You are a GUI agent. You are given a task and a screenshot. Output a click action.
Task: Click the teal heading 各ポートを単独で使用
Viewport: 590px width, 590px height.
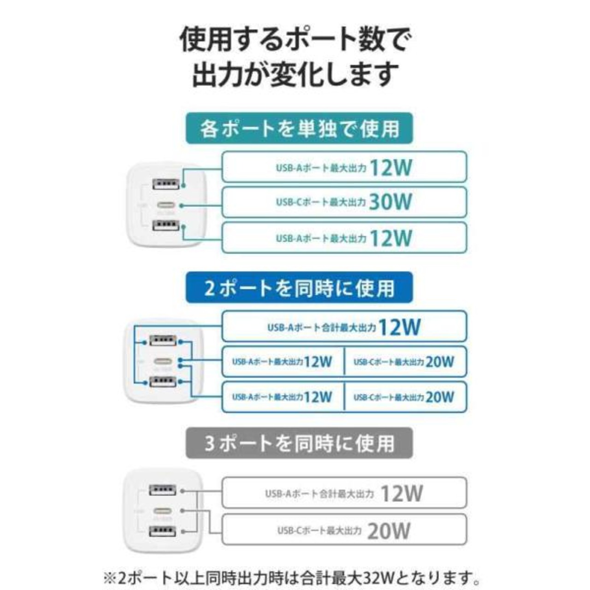click(299, 129)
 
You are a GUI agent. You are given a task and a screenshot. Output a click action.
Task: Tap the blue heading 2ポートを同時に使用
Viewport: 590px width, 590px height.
click(299, 289)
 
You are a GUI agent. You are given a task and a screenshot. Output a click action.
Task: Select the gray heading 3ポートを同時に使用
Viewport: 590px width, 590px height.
click(299, 443)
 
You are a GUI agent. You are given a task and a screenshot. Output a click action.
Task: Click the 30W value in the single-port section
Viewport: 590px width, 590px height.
click(390, 202)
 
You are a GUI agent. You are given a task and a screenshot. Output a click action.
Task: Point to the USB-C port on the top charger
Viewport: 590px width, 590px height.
click(166, 205)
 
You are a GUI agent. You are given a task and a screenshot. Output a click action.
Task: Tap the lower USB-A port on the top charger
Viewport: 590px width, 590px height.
click(166, 226)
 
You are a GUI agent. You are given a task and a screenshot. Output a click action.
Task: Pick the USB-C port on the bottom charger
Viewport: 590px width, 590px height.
click(163, 511)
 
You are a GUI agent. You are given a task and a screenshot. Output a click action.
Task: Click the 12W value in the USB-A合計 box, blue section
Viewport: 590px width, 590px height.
click(399, 327)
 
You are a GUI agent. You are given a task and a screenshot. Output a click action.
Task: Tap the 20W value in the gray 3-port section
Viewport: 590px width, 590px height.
click(389, 531)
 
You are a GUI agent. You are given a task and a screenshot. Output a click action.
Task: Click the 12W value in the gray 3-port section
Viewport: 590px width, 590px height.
click(401, 494)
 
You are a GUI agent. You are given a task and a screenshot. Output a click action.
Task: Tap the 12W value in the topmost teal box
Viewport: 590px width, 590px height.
click(391, 167)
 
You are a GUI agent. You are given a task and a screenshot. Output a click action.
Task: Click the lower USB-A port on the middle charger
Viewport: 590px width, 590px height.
click(163, 382)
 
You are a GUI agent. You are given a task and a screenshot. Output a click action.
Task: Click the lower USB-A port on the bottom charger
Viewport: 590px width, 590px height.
click(163, 531)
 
